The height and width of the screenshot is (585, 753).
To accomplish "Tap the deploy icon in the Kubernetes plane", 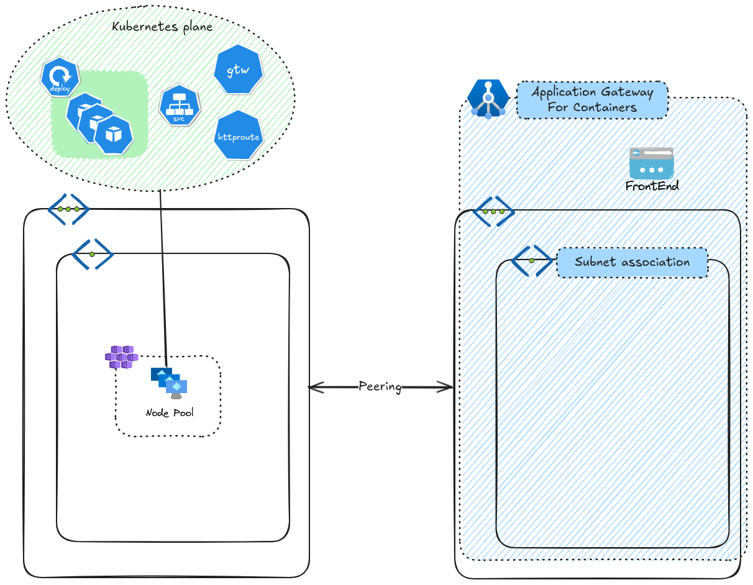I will (x=60, y=78).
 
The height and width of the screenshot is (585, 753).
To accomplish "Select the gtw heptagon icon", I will (x=238, y=70).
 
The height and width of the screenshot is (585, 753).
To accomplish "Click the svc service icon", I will (x=180, y=106).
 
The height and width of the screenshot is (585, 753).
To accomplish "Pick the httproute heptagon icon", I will (x=238, y=135).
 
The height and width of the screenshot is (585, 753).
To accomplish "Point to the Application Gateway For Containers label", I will (x=592, y=99).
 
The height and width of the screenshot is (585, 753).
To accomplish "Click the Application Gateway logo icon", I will (x=488, y=99).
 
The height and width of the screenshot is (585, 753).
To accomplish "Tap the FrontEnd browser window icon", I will (x=651, y=163).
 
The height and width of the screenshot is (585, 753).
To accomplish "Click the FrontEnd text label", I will (x=652, y=186).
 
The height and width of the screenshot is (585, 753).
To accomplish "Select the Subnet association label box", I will (x=632, y=262).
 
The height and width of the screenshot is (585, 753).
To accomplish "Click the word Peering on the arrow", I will (x=380, y=386).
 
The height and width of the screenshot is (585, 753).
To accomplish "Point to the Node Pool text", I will (x=170, y=413).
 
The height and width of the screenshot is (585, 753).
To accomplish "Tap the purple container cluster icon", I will (x=121, y=357).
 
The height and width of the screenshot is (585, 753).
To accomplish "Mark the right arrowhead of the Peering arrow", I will (x=449, y=388).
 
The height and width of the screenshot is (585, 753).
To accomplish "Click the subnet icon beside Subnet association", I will (x=532, y=260).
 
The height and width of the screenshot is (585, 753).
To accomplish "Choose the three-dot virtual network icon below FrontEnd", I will (x=493, y=211).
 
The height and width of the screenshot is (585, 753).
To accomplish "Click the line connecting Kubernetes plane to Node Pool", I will (x=163, y=279).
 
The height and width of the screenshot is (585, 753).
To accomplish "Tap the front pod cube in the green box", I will (x=113, y=134).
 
